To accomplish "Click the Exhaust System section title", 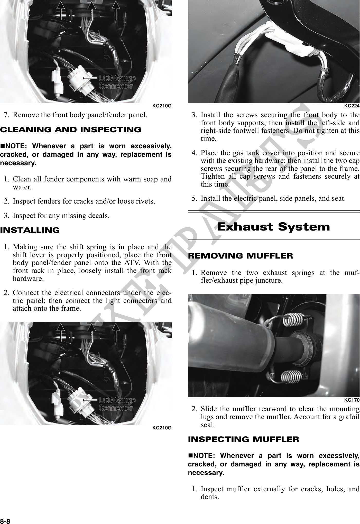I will (273, 227).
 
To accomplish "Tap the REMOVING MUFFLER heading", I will (241, 256).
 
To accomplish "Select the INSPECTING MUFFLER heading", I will (244, 439).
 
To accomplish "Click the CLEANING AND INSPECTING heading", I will (71, 130).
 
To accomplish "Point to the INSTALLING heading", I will (30, 230).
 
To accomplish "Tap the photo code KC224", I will (352, 106).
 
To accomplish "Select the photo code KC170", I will (352, 400).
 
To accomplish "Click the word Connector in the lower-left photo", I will (116, 408).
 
